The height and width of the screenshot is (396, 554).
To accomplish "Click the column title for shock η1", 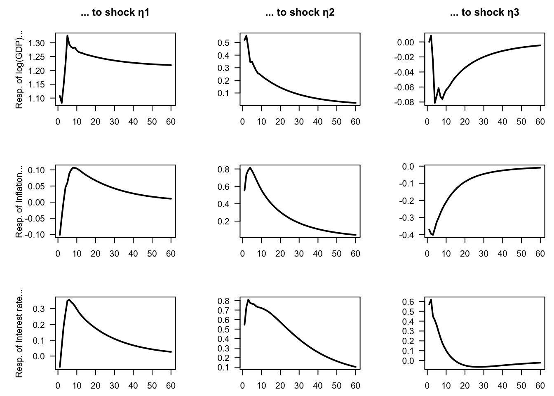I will pyautogui.click(x=115, y=13).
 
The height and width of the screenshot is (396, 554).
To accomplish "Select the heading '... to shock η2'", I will pyautogui.click(x=300, y=13).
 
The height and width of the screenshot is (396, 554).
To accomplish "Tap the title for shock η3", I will pyautogui.click(x=484, y=13).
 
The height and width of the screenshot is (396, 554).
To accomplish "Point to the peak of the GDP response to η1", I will pyautogui.click(x=67, y=35).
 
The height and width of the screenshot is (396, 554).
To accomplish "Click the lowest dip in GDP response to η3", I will pyautogui.click(x=435, y=103).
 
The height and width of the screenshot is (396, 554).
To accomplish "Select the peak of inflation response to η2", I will pyautogui.click(x=250, y=167).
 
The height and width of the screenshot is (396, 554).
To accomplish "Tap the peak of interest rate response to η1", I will pyautogui.click(x=69, y=300).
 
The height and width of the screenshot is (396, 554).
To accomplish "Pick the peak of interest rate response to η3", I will pyautogui.click(x=431, y=300).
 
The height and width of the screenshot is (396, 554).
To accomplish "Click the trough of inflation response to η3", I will pyautogui.click(x=433, y=235).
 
